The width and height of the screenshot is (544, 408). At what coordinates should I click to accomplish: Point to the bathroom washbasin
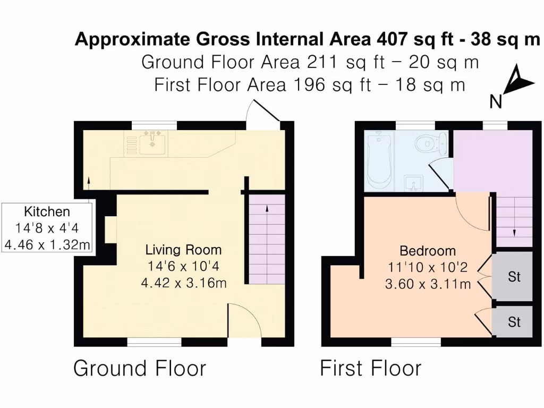tap(413, 183)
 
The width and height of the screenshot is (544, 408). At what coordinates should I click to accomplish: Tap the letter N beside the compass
tap(496, 101)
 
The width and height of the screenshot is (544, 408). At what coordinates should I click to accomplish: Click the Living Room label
tap(183, 250)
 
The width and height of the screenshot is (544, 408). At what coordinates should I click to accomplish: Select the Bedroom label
tap(428, 251)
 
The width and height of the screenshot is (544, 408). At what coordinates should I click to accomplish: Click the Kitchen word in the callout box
tap(47, 211)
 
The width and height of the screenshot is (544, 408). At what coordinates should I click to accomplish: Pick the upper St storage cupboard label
tap(514, 277)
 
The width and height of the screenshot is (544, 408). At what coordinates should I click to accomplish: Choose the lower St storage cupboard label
tap(514, 322)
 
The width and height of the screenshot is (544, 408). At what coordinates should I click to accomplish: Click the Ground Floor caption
tap(139, 368)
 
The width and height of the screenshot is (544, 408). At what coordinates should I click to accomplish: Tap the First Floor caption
tap(370, 368)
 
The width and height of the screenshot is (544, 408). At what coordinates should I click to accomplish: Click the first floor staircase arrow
tap(514, 232)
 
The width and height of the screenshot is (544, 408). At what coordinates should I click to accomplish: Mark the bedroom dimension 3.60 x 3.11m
tap(428, 284)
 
